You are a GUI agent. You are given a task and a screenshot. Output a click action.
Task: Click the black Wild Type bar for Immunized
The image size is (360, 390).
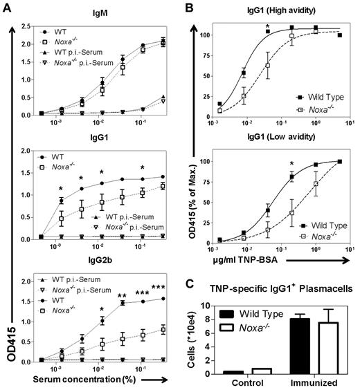coord(300,346)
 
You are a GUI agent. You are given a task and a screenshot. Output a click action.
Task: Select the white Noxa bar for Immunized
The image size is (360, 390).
coord(325,348)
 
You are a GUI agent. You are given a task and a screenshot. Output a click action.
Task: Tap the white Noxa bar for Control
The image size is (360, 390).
coord(260,371)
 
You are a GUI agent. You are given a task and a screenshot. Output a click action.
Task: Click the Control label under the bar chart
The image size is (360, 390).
coord(249,383)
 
